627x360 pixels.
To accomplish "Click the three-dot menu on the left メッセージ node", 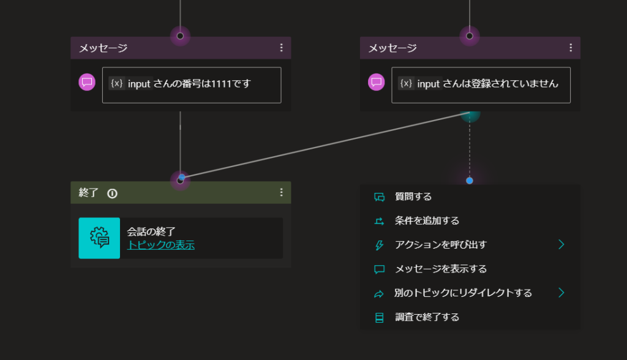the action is [x=282, y=48].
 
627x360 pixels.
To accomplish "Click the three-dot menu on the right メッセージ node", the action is [x=571, y=48].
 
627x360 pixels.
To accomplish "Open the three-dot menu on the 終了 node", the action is [x=282, y=192].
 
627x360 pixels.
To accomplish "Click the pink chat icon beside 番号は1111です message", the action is [x=87, y=82].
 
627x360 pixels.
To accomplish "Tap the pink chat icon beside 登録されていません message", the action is [x=377, y=82].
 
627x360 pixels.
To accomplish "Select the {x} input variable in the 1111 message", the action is [x=130, y=84].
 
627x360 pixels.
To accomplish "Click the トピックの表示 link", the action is [x=161, y=245].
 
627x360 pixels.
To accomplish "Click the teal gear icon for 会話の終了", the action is [x=99, y=238].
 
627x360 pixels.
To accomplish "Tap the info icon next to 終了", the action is [x=113, y=193].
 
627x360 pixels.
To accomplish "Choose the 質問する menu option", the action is [x=413, y=197].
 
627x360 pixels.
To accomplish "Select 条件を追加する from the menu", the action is [x=427, y=221].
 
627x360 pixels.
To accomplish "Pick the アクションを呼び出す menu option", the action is [x=441, y=245].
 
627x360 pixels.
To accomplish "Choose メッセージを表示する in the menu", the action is [x=441, y=269].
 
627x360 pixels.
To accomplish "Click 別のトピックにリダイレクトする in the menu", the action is [x=463, y=293].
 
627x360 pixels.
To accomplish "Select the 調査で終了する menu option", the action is [x=427, y=317].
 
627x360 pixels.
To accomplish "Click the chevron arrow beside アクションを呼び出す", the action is [x=561, y=244].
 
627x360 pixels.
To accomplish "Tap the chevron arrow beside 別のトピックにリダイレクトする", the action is [x=561, y=293].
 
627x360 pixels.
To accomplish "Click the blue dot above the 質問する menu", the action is [x=470, y=181].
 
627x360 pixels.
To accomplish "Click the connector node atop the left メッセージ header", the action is [x=181, y=36].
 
